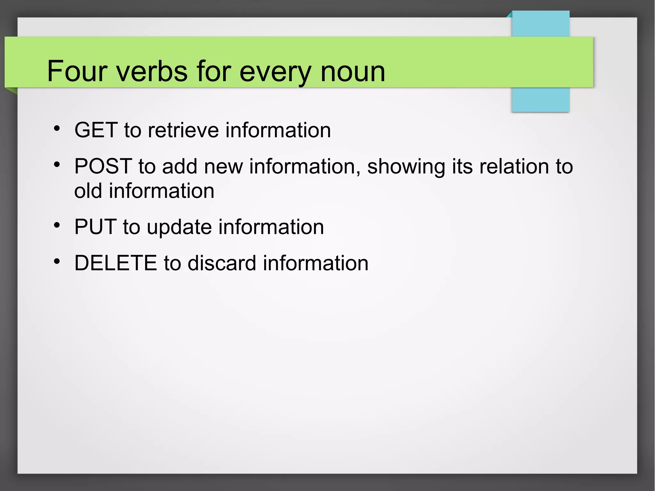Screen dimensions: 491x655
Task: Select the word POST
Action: click(103, 166)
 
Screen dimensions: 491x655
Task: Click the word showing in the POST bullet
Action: click(406, 167)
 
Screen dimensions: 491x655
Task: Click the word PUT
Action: click(95, 227)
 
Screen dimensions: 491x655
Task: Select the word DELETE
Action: click(116, 263)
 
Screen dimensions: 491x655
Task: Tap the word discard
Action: click(222, 263)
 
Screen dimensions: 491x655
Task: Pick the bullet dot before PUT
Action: click(57, 225)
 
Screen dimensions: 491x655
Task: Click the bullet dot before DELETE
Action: click(57, 261)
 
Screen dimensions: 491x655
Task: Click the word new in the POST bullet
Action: click(224, 167)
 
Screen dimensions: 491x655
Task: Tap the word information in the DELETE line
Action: click(316, 263)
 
